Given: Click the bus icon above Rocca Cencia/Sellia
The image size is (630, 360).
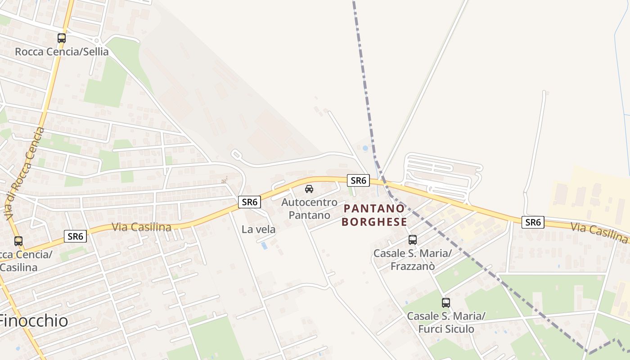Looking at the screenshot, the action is pos(62,38).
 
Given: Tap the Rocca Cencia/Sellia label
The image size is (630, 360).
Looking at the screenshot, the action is pos(62,52).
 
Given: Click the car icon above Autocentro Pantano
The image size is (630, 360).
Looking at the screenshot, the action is pos(309,189).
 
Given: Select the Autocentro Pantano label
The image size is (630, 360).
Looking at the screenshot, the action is pos(309,208).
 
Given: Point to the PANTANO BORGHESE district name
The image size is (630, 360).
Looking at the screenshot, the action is pos(374,215).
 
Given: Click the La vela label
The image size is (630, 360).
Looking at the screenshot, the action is pos(258,229).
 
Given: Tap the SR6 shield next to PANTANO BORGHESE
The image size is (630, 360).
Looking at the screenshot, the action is pos(358,180).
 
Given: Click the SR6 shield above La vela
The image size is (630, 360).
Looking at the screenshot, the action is pos(249,202).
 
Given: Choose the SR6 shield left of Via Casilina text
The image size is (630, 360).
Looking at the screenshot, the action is pos(75,236).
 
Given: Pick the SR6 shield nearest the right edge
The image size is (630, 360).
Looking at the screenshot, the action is pos(533,222).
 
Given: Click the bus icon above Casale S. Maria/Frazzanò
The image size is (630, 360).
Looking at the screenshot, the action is pos(413,240).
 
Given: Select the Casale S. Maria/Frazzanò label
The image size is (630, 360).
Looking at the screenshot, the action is pos(413,260).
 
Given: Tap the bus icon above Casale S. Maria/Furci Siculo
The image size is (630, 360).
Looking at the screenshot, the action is pos(446,303).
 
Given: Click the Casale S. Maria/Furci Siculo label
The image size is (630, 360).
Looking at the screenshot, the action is pos(446,322).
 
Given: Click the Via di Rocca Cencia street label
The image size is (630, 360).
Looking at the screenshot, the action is pos(25,174).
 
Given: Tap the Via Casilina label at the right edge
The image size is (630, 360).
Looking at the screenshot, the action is pos(599,233).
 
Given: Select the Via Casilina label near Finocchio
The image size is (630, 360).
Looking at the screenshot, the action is pos(141,227).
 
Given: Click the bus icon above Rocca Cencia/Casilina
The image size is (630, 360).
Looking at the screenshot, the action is pos(18,241).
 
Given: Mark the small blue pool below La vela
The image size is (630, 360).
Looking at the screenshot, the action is pos(264,246).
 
